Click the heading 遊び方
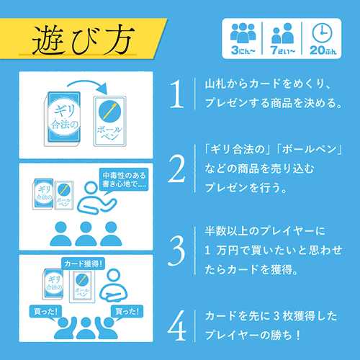click(83, 39)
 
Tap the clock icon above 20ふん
click(322, 33)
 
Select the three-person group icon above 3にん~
click(243, 33)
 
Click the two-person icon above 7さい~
click(282, 33)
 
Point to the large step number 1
click(176, 94)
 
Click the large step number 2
click(176, 169)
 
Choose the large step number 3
click(176, 251)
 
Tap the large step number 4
click(177, 325)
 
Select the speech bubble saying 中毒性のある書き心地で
click(124, 181)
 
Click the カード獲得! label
click(83, 264)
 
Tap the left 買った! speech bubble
click(45, 312)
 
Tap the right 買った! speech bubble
click(127, 312)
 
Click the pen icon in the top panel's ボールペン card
click(109, 111)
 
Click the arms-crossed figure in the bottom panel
click(113, 286)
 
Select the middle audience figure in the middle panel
click(86, 233)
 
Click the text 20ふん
click(323, 50)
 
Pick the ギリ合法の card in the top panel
click(63, 119)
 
